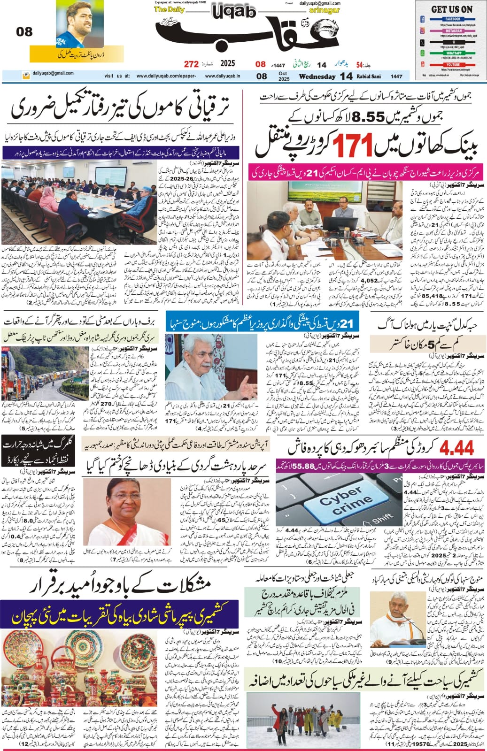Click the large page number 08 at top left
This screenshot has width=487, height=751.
coord(24,32)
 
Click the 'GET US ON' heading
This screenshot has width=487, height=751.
coord(451,9)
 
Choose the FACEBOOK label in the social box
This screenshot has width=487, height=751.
coord(452,19)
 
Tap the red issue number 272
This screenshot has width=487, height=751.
coord(191,64)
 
